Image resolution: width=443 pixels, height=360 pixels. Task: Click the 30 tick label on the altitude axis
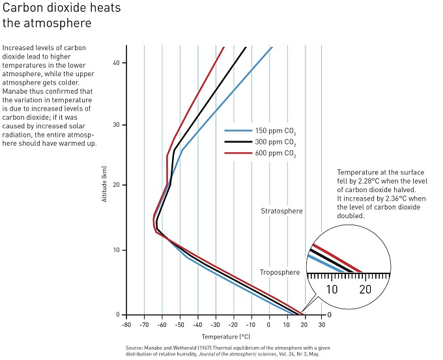point(115,125)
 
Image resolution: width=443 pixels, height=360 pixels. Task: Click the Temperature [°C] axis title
point(225,337)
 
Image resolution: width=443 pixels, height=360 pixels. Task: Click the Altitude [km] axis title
point(104,184)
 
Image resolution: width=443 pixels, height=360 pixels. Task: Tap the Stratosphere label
point(281,212)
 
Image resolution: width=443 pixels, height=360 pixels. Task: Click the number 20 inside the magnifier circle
point(365,288)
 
